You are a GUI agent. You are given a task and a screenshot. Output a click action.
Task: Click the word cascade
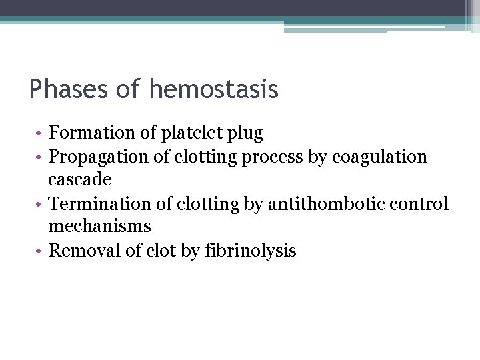tap(80, 180)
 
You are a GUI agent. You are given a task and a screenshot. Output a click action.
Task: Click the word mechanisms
tap(100, 227)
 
